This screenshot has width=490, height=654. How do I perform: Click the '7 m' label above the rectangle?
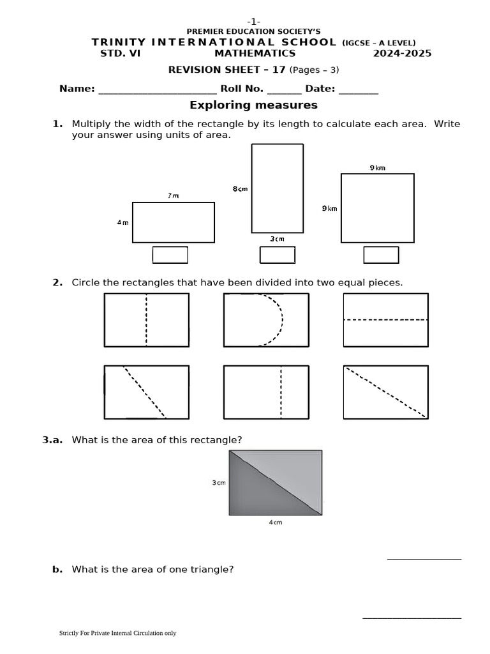[174, 195]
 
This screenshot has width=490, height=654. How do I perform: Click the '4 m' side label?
[122, 222]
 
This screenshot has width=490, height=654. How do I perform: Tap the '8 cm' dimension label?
[240, 188]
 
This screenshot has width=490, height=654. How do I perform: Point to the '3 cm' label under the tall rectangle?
[277, 239]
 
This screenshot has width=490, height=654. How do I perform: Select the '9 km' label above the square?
[377, 167]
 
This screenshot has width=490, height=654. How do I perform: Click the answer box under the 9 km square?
[381, 255]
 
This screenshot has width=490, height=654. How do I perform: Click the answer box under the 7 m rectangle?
[170, 255]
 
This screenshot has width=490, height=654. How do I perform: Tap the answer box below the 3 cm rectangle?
[277, 255]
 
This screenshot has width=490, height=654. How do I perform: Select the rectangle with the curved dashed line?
[266, 320]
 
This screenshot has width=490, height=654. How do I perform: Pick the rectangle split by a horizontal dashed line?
[385, 320]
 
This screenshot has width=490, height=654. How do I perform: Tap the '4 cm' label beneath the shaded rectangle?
[275, 522]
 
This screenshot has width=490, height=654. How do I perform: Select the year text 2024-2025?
[402, 54]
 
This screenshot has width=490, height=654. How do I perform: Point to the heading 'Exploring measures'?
[253, 105]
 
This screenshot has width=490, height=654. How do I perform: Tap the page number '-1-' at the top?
[253, 22]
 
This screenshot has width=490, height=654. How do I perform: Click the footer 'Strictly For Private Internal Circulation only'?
[117, 633]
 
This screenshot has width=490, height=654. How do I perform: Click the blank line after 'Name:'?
[157, 89]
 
